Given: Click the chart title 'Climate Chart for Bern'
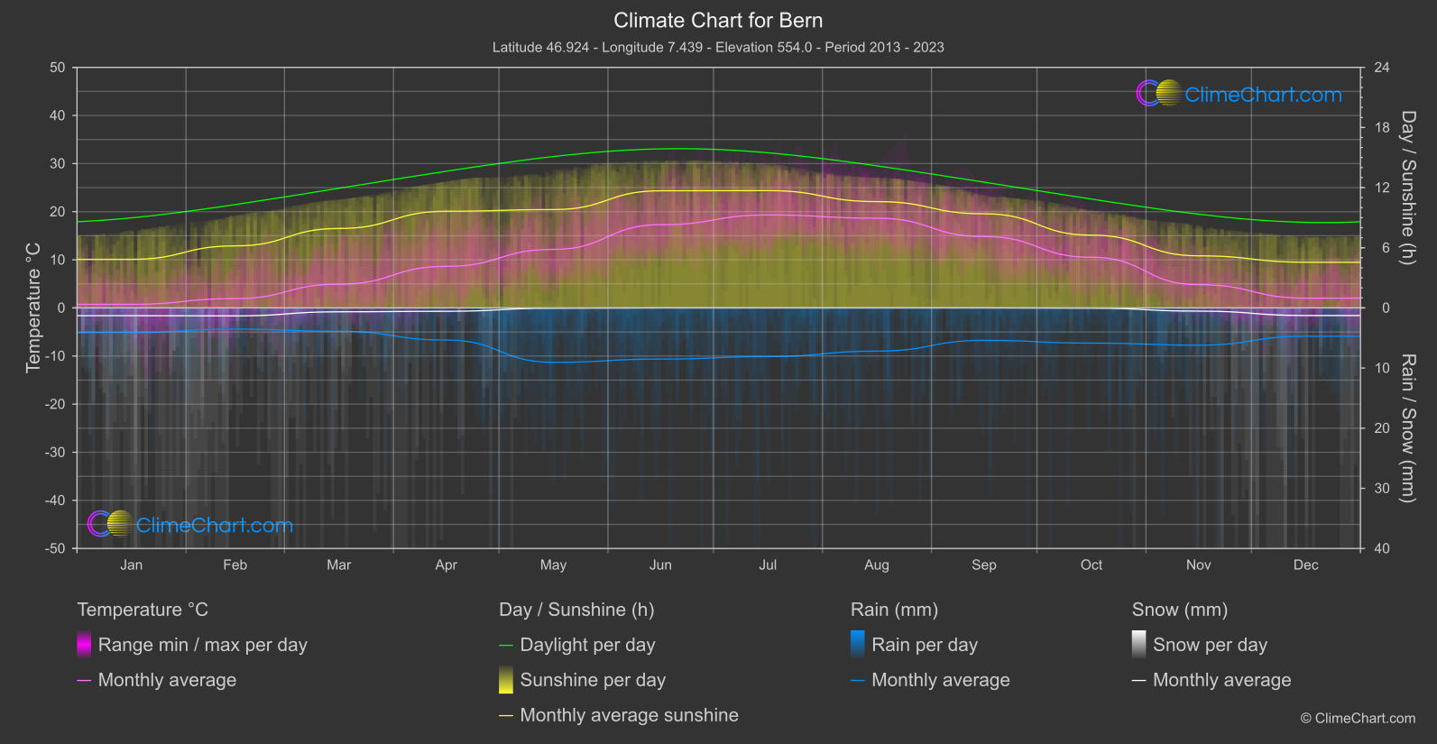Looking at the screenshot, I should [x=718, y=20].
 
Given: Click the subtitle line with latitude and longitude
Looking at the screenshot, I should [x=718, y=47].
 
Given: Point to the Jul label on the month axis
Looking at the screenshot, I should [x=768, y=565].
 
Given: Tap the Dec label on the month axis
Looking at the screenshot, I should [x=1305, y=565].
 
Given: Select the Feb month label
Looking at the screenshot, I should [x=235, y=565].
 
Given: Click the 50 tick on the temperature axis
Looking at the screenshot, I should [x=58, y=68].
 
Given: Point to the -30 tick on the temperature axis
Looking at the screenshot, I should [x=55, y=452].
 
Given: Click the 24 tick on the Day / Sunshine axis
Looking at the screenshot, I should [x=1381, y=68].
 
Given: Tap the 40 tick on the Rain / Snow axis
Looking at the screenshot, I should [x=1381, y=548].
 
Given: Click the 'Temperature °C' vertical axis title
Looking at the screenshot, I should [x=33, y=308].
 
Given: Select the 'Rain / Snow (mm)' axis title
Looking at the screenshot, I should [x=1407, y=427].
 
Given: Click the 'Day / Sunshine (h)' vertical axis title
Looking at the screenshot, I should [x=1407, y=188].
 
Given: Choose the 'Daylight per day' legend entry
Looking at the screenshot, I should [x=587, y=645].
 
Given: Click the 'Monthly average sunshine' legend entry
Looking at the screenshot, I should [x=629, y=715].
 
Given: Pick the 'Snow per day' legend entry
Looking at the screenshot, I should [x=1210, y=645].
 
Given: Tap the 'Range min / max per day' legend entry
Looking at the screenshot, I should [x=202, y=645].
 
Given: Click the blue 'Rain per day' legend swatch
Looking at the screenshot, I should [x=858, y=644].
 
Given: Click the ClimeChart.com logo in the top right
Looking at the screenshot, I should [x=1239, y=94].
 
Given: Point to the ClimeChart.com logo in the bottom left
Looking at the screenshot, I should [x=190, y=525].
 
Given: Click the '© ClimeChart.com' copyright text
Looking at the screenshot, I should [x=1358, y=718].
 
